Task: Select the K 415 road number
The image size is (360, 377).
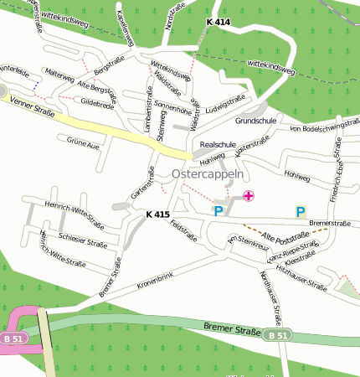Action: point(157,214)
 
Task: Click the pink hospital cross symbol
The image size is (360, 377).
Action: point(248,196)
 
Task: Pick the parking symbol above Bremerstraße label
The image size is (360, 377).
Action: point(301,211)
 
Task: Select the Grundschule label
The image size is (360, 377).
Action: point(255,121)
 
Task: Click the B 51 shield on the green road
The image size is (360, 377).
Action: point(277,335)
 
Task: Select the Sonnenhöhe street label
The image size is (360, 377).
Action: point(173,109)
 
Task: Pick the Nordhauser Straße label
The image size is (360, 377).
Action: point(270,295)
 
